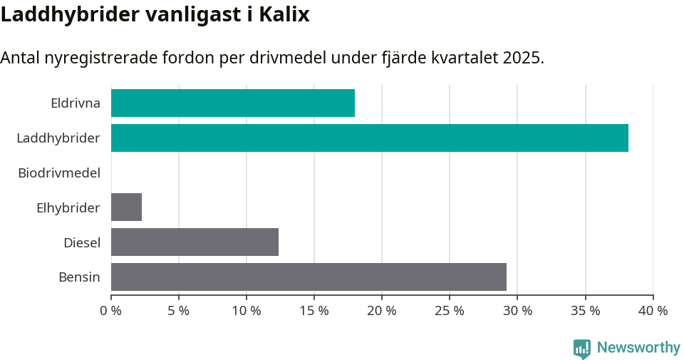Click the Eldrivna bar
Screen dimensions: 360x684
pos(232,103)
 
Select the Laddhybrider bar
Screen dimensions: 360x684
pos(369,138)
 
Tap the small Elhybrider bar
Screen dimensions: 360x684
pos(126,207)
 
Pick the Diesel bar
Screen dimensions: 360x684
pos(195,242)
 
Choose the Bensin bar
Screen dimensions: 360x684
pos(309,277)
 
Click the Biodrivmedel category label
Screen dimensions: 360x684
pos(59,173)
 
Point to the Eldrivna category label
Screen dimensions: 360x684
pos(76,103)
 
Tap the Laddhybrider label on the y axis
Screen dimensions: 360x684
pos(58,138)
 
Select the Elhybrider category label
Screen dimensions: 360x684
pos(68,208)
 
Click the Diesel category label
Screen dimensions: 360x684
pos(82,243)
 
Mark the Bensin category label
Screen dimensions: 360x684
pos(79,277)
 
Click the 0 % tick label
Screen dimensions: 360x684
pos(110,311)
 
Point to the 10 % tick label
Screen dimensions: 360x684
pos(247,311)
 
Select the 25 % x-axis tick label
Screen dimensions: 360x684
pos(450,311)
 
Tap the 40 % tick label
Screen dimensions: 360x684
pos(653,311)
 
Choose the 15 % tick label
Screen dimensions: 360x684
pos(314,311)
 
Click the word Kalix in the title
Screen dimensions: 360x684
pos(283,14)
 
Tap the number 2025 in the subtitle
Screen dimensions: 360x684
pos(521,58)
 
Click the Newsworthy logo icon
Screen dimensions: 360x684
pos(582,348)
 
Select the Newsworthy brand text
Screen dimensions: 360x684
pos(638,348)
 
